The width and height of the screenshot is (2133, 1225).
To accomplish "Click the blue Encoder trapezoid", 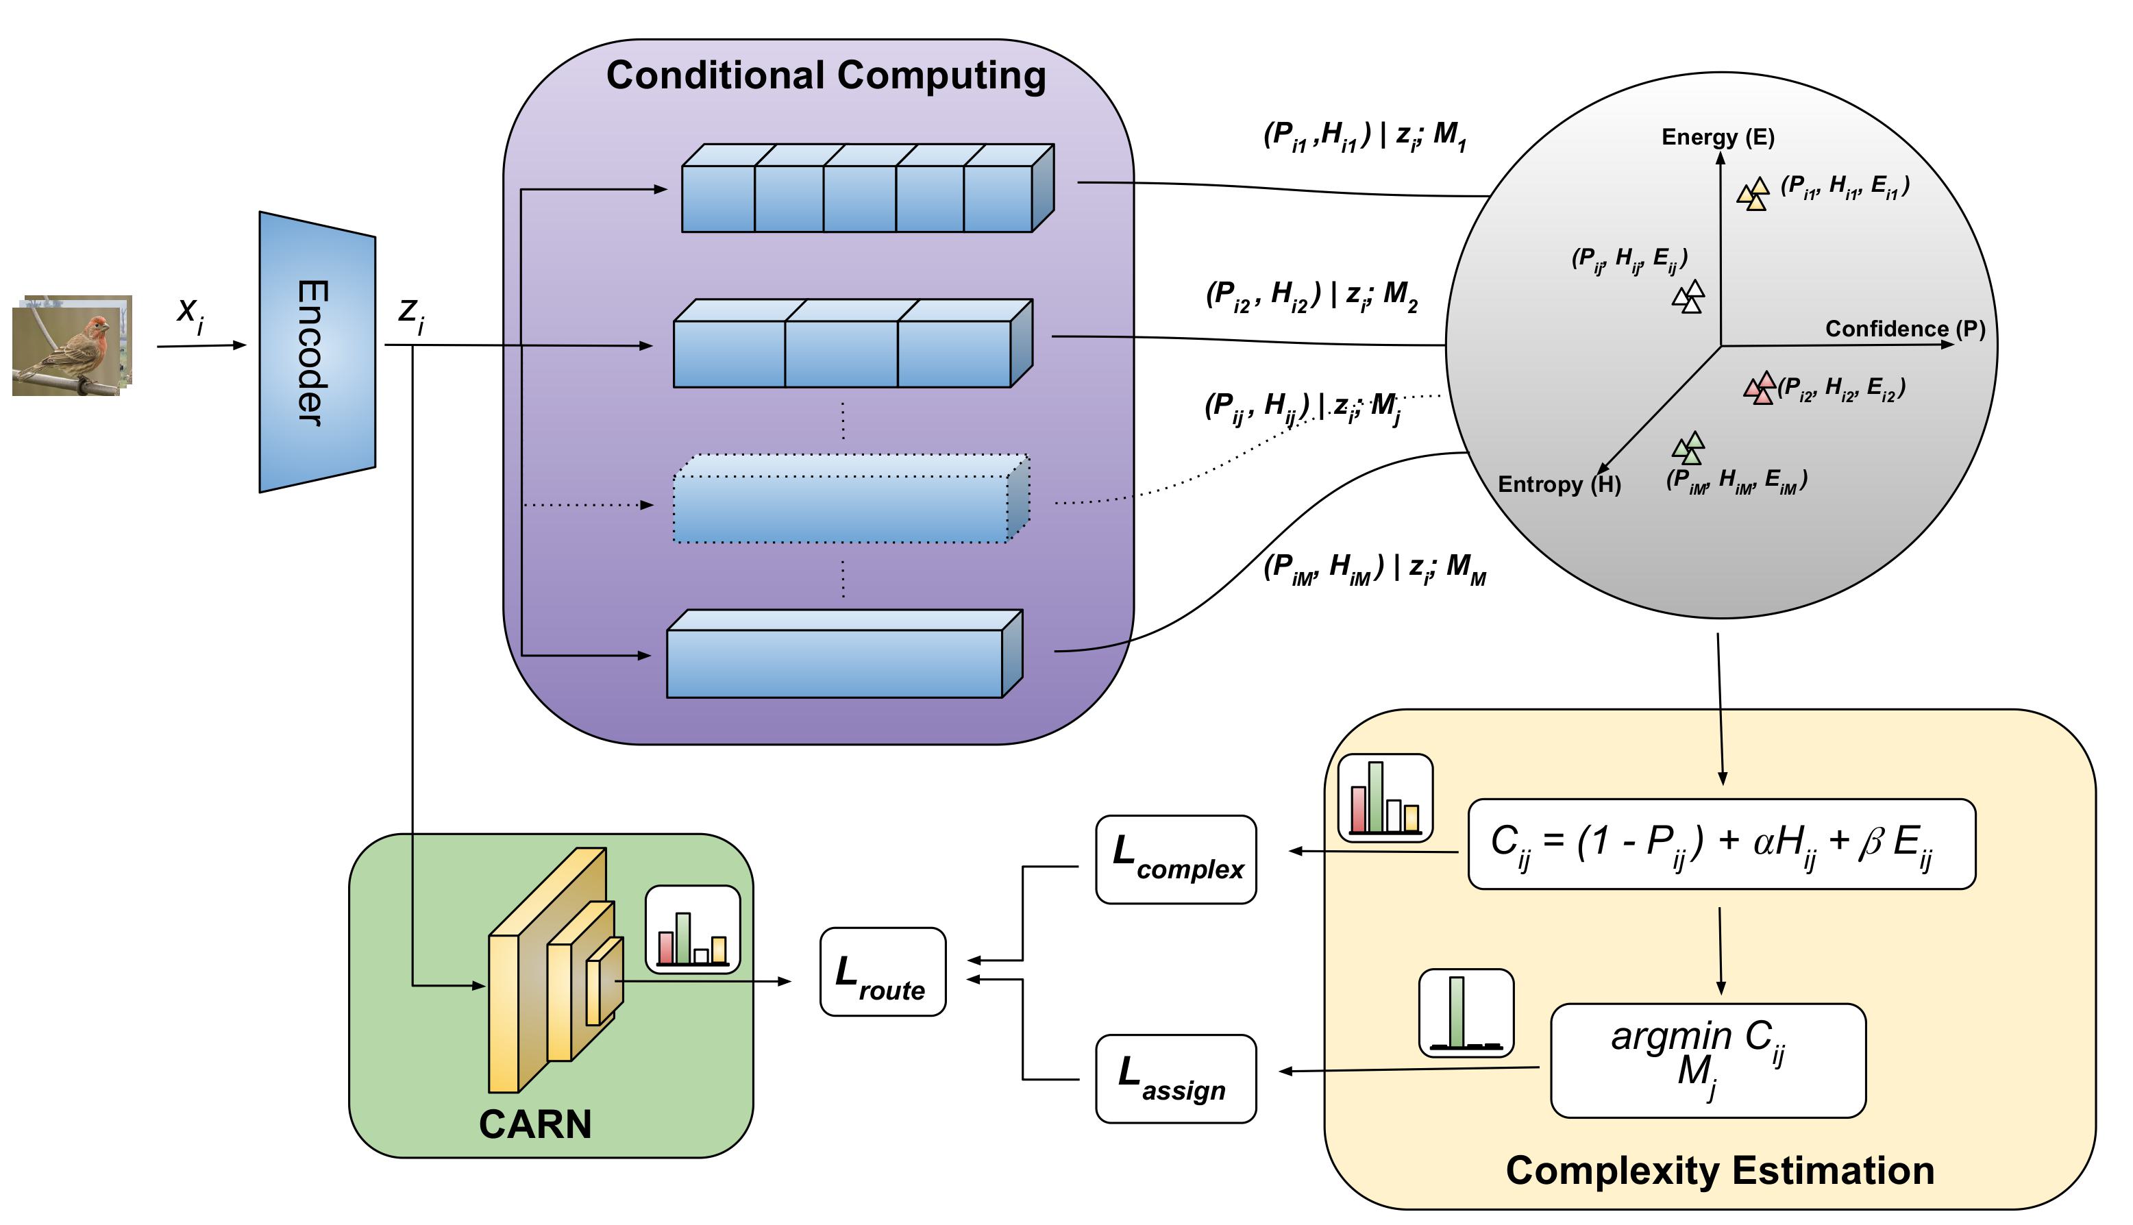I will point(316,351).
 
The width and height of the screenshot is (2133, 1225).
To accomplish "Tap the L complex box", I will point(1176,859).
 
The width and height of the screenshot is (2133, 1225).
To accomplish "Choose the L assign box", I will point(1176,1078).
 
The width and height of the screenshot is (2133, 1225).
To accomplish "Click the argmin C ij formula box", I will point(1707,1060).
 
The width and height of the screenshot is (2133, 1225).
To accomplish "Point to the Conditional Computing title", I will point(826,76).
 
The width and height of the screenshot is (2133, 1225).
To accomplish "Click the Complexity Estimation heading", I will point(1719,1170).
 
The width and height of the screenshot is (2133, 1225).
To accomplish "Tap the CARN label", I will point(535,1124).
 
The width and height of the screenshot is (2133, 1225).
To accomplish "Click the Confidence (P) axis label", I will point(1904,328).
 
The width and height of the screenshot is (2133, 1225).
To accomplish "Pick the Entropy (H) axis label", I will point(1558,484).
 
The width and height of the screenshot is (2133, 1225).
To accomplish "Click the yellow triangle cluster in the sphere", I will point(1753,195).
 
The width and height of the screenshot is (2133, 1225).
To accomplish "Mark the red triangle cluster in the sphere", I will point(1760,388).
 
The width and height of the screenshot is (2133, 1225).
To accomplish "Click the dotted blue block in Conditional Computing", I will point(850,499).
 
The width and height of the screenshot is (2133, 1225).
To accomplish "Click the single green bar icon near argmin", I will point(1466,1013).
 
